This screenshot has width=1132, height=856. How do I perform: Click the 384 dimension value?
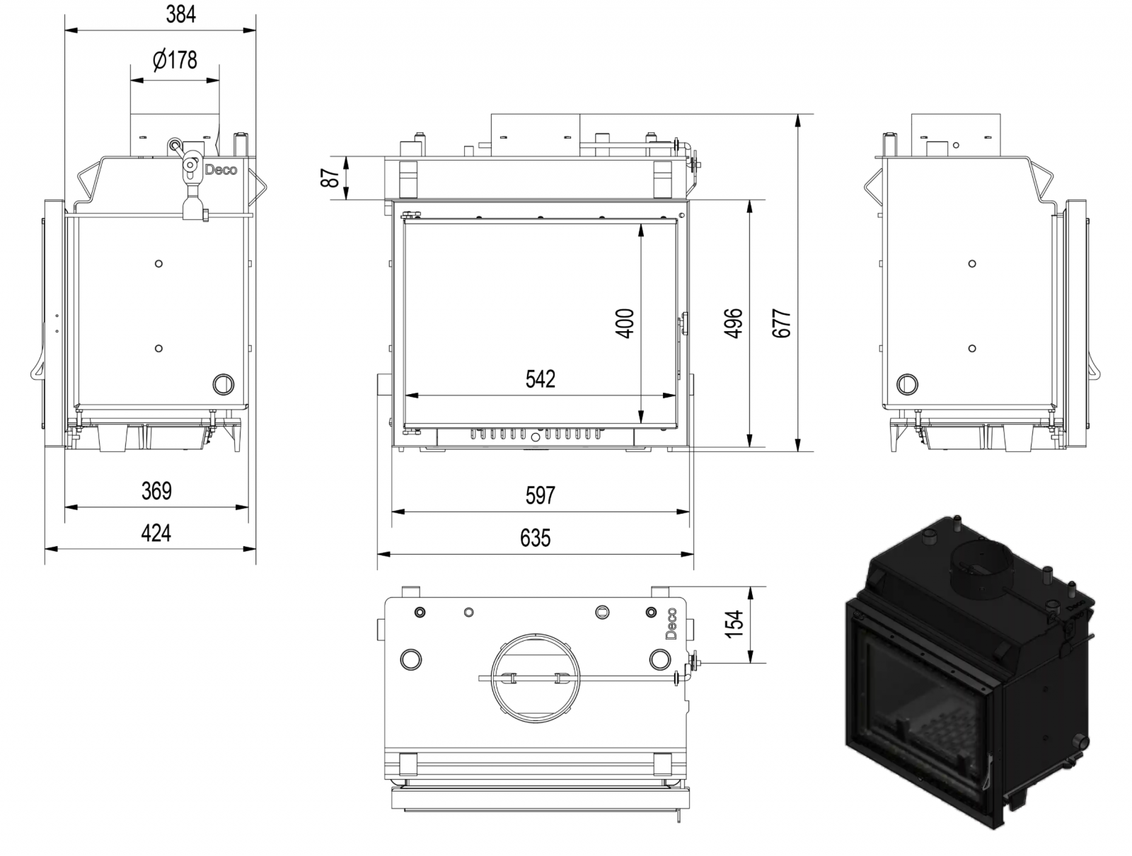pos(180,14)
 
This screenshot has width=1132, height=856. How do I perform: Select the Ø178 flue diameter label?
pos(175,60)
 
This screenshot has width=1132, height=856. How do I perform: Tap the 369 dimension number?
pos(156,491)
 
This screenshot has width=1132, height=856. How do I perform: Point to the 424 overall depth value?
pos(156,533)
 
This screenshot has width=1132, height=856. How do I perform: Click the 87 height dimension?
pos(331,178)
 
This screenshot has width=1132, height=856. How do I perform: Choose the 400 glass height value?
pos(625,323)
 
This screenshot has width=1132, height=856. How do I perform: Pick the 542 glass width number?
pos(541,379)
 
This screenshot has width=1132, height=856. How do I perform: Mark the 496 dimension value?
pos(734,323)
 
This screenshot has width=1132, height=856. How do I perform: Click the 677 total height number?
pos(781,323)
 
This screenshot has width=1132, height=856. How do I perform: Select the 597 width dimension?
pos(541,495)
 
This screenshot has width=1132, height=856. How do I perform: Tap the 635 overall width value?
pos(536,538)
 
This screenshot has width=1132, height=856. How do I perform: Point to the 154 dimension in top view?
pos(734,624)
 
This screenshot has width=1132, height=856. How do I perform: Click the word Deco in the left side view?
pos(221,170)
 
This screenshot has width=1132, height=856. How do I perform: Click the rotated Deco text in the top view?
pos(671,623)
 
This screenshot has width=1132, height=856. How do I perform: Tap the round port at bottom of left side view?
pos(224,384)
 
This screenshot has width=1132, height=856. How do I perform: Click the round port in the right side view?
pos(907,384)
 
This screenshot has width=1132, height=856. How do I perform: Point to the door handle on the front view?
pos(683,324)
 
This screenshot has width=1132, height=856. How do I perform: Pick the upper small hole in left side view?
pos(159,263)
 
